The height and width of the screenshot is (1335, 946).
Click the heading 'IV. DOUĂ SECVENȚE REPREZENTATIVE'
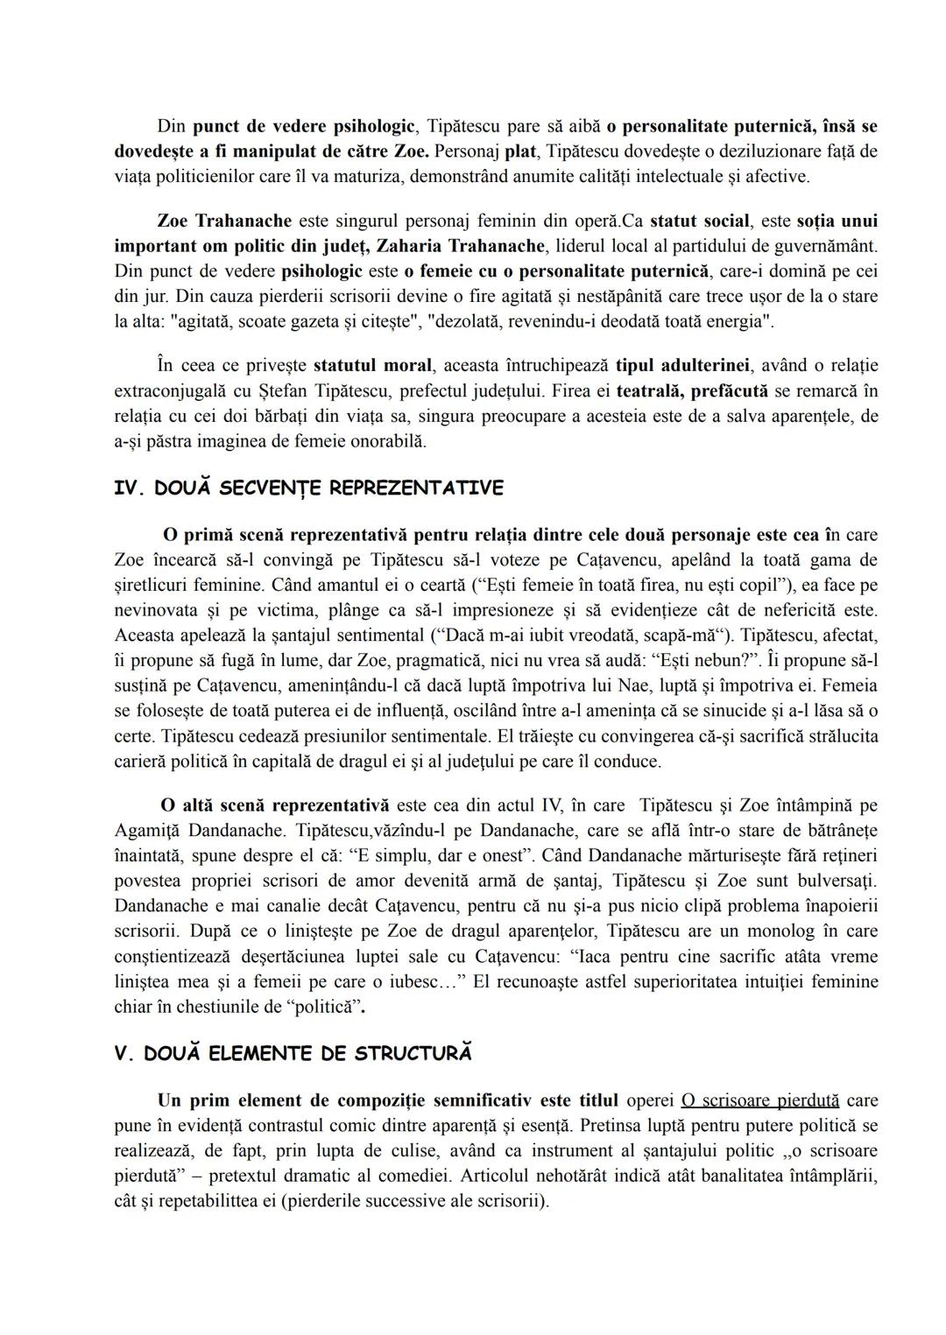coord(308,488)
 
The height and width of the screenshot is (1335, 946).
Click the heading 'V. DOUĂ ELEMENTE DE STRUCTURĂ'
coord(293,1053)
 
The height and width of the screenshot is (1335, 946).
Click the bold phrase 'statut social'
coord(700,221)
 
